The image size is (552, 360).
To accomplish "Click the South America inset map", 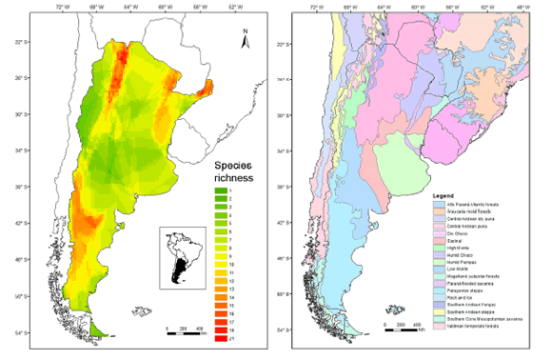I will (184, 256).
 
